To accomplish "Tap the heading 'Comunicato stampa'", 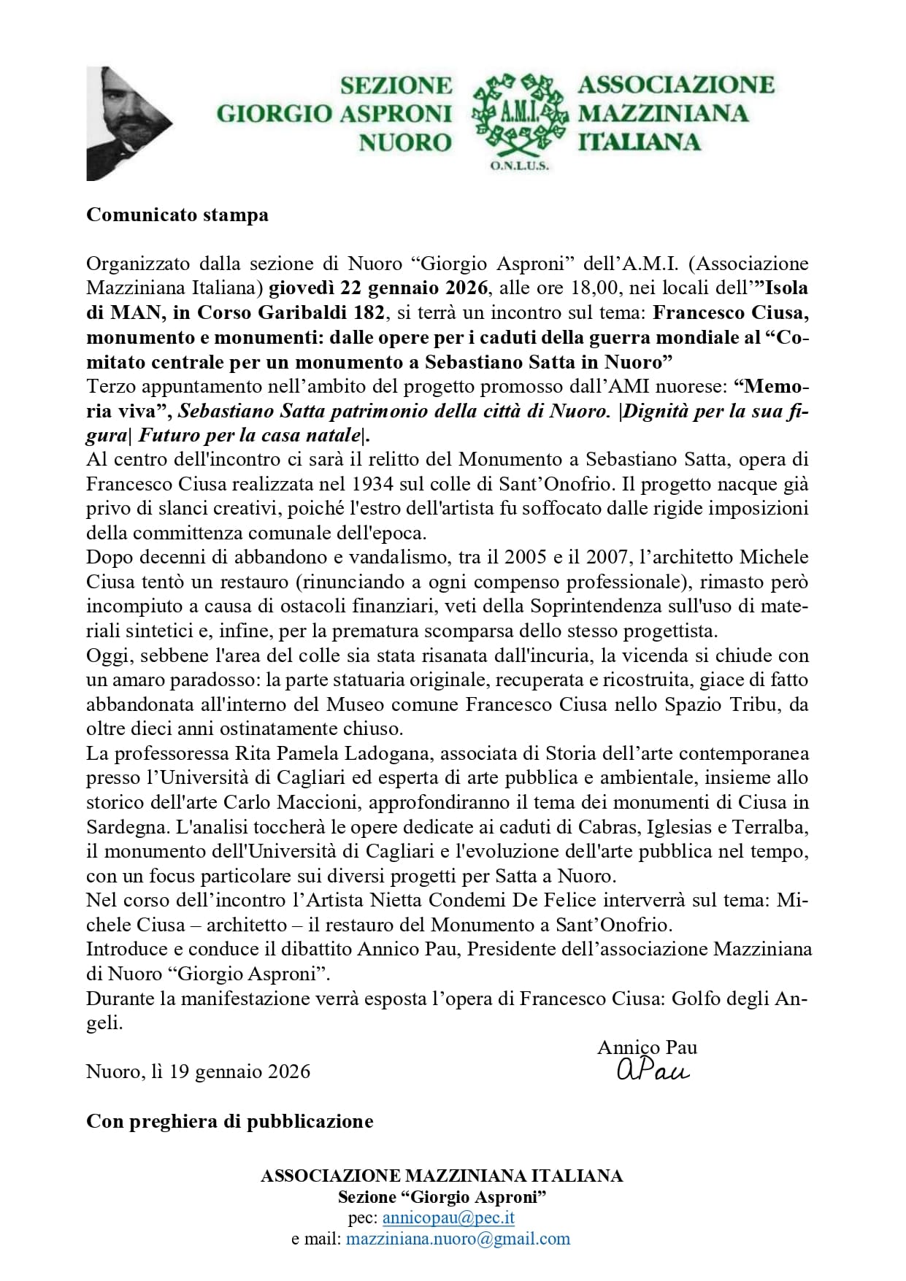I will [177, 215].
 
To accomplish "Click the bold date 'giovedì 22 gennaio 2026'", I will [378, 288].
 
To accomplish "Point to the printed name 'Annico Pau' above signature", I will [647, 1047].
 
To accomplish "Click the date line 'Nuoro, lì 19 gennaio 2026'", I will [199, 1072].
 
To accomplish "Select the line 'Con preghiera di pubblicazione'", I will [230, 1121].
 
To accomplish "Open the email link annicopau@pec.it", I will [448, 1218].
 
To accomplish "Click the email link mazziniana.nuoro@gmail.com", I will [458, 1239].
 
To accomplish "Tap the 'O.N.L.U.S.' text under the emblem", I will [519, 166].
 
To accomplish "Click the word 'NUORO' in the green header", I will [405, 142].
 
